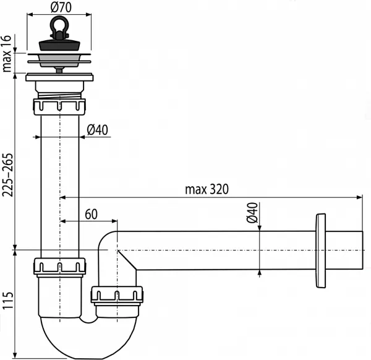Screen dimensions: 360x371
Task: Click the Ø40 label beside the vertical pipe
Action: [98, 129]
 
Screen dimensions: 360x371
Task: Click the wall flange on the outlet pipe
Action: [320, 251]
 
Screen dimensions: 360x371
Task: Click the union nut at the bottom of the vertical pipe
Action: [59, 266]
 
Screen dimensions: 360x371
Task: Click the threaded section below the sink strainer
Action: [59, 93]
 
